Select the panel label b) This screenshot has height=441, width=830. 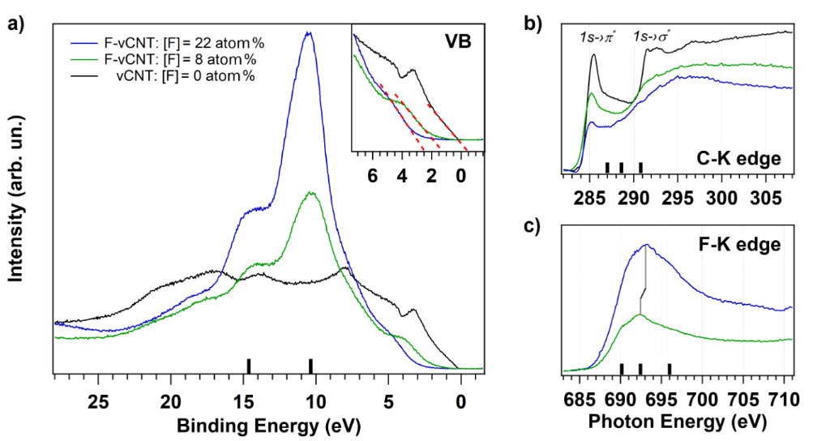(x=534, y=24)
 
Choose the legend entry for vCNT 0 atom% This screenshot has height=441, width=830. (x=169, y=77)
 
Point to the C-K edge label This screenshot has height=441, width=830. (x=744, y=159)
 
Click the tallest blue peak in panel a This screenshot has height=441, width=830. (x=307, y=34)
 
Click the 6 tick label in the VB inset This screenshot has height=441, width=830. (x=373, y=175)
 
